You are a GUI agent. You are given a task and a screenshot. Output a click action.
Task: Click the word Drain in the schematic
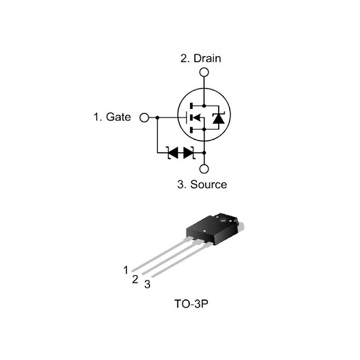point(207,58)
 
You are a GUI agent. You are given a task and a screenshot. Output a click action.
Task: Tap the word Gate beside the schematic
point(118,117)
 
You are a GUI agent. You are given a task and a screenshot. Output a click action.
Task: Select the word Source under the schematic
point(209,184)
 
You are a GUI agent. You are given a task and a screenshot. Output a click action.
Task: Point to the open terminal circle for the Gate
point(144,118)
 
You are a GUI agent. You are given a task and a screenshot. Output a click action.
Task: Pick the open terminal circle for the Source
point(204,169)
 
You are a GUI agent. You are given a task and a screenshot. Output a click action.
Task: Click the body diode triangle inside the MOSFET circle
point(218,118)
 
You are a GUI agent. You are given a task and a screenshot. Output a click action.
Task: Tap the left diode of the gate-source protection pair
point(173,152)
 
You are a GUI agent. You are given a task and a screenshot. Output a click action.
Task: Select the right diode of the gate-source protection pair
point(188,152)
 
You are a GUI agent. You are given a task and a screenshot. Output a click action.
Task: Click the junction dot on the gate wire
point(158,118)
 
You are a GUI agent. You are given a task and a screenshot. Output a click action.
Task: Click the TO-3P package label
point(191,305)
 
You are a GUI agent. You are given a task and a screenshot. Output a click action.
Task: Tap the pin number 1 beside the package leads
point(126,270)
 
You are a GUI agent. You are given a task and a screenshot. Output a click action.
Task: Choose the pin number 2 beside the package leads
point(136,278)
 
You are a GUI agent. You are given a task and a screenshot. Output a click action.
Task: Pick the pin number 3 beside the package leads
point(147,284)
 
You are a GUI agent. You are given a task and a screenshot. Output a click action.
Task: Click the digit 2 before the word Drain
point(184,58)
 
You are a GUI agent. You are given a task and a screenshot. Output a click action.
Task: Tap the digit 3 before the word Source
point(181,184)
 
